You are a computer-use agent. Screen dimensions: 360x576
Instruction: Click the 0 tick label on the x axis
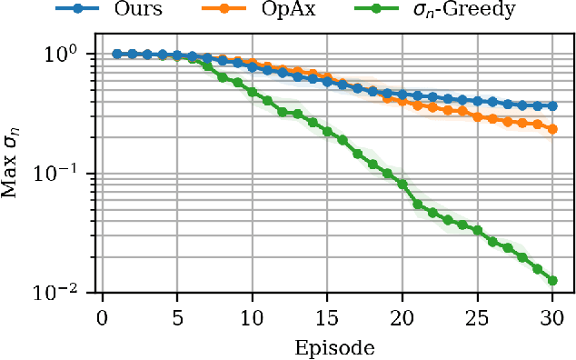pyautogui.click(x=101, y=317)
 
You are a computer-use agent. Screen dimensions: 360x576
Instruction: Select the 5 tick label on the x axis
pyautogui.click(x=176, y=317)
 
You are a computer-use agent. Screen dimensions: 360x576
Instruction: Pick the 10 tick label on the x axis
pyautogui.click(x=252, y=317)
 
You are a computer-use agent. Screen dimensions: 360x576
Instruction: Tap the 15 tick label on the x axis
pyautogui.click(x=326, y=317)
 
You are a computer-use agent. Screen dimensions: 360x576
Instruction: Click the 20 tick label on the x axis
pyautogui.click(x=402, y=317)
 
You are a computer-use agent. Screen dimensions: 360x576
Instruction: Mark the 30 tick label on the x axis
pyautogui.click(x=551, y=317)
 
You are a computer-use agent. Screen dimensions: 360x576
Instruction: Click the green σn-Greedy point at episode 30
pyautogui.click(x=551, y=280)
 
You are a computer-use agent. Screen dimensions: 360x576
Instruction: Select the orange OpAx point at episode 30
pyautogui.click(x=551, y=129)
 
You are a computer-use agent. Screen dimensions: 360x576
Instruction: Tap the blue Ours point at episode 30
pyautogui.click(x=551, y=106)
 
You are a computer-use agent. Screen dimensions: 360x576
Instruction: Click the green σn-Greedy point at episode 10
pyautogui.click(x=252, y=92)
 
